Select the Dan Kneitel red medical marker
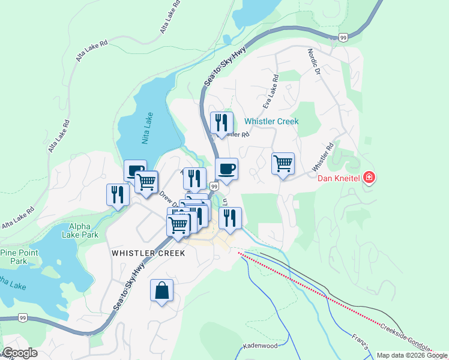(x=369, y=178)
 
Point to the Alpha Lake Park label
(x=80, y=231)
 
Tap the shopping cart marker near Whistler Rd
(x=283, y=163)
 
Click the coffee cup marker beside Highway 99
(x=226, y=169)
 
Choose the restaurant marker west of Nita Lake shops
(x=118, y=194)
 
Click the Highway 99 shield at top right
(x=343, y=38)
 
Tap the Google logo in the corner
(x=20, y=353)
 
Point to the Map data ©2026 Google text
(x=412, y=355)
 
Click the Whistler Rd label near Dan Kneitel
(x=322, y=157)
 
